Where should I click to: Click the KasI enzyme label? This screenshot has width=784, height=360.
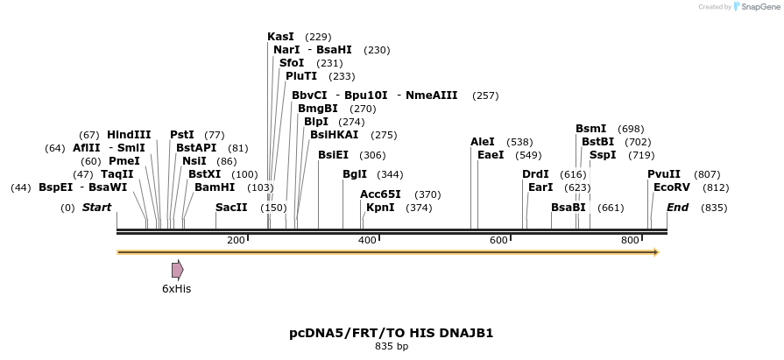tap(280, 37)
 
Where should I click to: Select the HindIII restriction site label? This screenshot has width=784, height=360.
tap(129, 135)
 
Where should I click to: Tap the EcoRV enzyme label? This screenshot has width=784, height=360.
tap(672, 187)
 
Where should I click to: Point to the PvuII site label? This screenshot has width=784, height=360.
tap(664, 174)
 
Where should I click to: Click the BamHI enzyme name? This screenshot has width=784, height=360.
tap(215, 187)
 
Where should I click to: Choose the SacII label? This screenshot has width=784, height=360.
tap(231, 208)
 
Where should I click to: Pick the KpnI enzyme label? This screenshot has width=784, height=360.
tap(380, 208)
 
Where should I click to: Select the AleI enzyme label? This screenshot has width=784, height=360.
tap(483, 142)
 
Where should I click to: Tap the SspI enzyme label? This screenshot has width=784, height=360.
tap(603, 155)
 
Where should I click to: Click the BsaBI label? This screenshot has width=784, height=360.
tap(568, 208)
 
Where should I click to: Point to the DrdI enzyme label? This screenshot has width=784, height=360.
tap(535, 174)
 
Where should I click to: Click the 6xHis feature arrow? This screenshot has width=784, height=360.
tap(178, 269)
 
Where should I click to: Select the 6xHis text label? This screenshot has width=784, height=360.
tap(176, 288)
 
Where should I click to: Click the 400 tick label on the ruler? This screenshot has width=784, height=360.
tap(368, 240)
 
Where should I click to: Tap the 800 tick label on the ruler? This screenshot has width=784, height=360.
tap(630, 240)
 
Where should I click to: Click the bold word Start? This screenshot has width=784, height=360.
tap(97, 208)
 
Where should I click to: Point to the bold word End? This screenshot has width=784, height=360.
tap(677, 208)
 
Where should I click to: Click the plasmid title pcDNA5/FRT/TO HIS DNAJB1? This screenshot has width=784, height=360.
tap(392, 333)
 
